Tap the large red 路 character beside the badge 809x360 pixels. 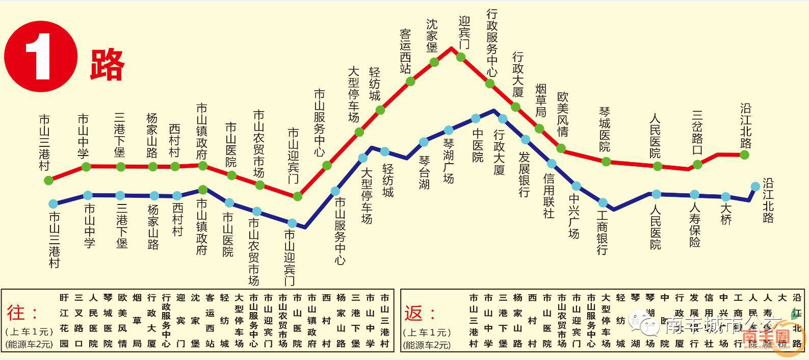point(108,64)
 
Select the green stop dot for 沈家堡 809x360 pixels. point(434,62)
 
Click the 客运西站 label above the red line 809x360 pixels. point(406,51)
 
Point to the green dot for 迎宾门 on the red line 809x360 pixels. point(461,57)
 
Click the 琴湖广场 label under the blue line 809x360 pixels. point(449,161)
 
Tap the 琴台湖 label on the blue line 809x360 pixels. point(425,172)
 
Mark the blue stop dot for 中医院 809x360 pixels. point(476,118)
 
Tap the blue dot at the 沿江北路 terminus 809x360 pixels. point(755,186)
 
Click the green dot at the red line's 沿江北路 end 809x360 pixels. point(745,155)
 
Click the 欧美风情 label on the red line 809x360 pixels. point(563,114)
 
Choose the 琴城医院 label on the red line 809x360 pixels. point(605,130)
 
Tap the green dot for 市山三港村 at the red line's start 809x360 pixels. point(48,180)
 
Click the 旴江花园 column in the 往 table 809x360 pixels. point(64,320)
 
